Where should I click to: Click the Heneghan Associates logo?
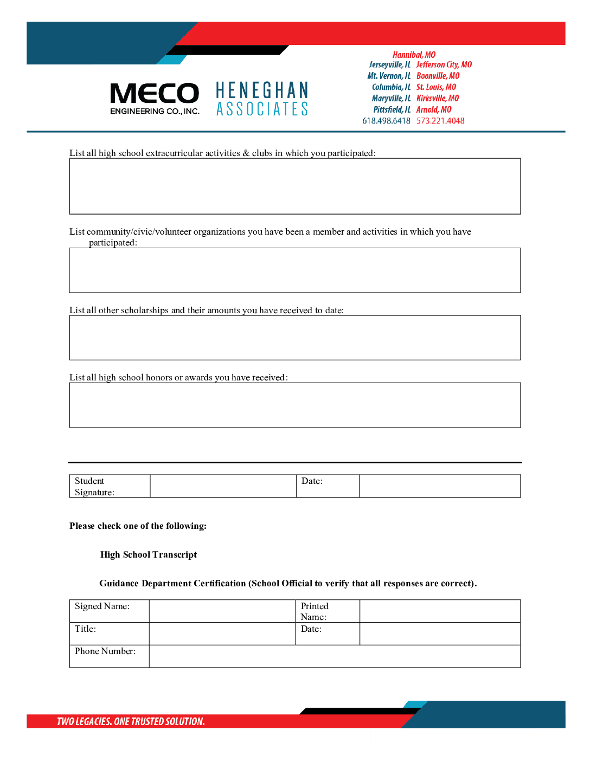point(262,99)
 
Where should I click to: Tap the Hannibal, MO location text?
point(414,55)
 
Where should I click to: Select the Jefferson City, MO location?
point(444,64)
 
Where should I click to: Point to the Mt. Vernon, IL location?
point(389,76)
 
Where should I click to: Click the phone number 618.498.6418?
point(386,121)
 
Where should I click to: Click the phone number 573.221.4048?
point(440,121)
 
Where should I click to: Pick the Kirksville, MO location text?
point(438,98)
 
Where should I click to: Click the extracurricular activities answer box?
point(294,186)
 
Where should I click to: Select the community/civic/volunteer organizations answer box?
point(294,270)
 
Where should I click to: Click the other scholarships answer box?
point(294,337)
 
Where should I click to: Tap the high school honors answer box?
point(294,405)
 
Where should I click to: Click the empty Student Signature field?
point(223,486)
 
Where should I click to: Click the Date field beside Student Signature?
point(440,486)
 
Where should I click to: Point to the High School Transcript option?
point(148,554)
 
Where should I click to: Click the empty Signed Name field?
point(222,611)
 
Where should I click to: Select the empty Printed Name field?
point(440,611)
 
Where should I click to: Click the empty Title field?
point(222,633)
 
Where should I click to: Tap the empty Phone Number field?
point(335,656)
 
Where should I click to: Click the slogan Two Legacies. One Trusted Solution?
point(131,721)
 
